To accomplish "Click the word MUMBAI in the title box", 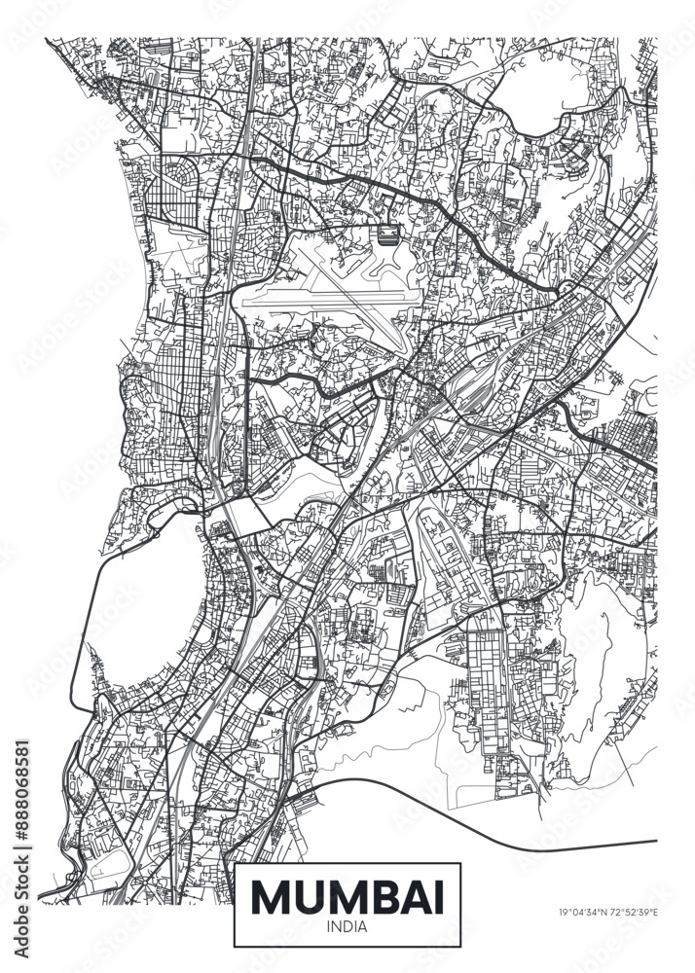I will pos(347,895).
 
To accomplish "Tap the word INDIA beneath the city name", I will pos(347,926).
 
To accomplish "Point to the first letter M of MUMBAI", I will pos(273,895).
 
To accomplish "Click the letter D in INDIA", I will pos(348,926).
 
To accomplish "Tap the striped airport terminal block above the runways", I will pos(387,234).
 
